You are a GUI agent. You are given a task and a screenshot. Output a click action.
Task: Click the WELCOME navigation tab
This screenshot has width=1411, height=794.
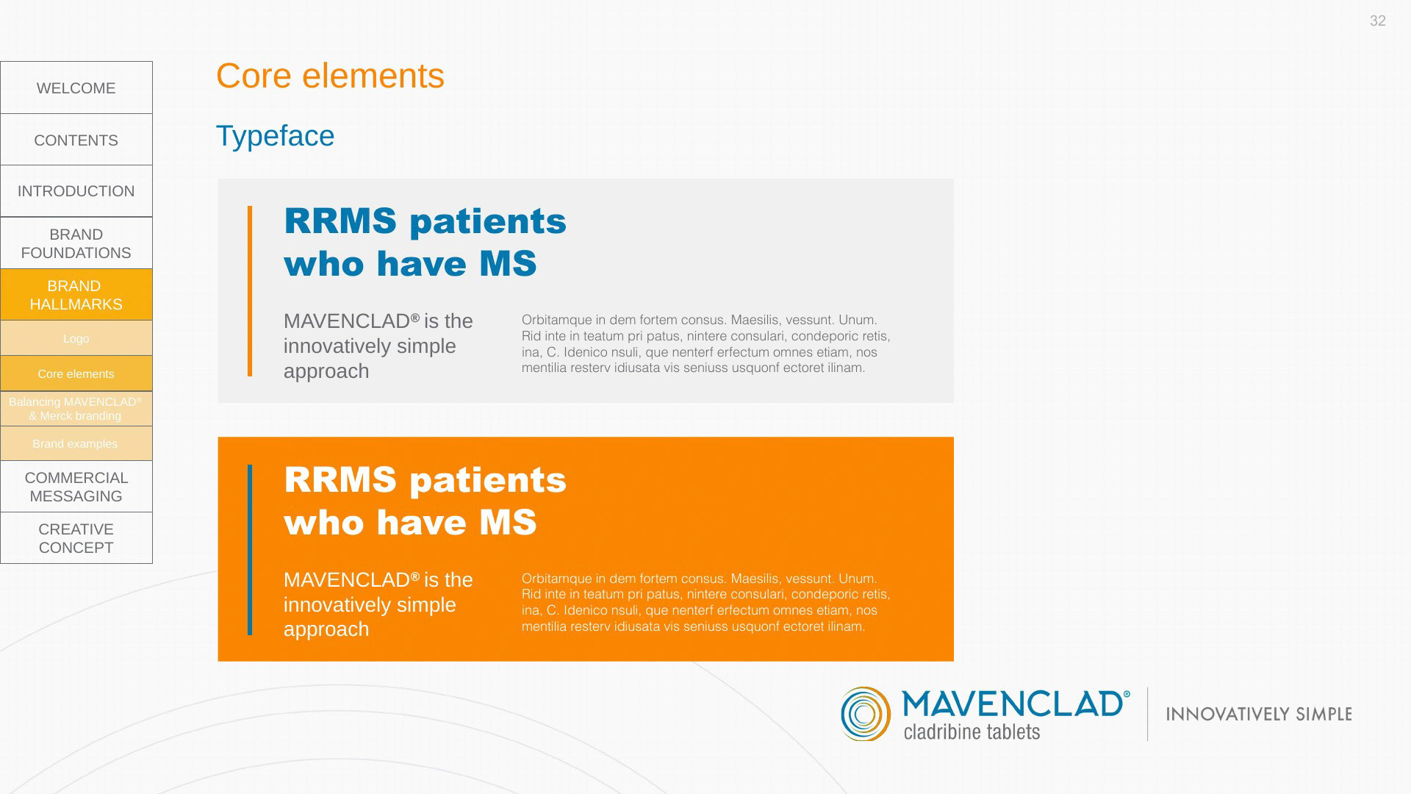pyautogui.click(x=76, y=87)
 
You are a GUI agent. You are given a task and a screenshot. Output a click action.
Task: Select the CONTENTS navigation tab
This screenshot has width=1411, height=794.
pyautogui.click(x=76, y=140)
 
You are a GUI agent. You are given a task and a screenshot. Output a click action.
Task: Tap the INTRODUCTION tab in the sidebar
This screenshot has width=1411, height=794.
pyautogui.click(x=76, y=191)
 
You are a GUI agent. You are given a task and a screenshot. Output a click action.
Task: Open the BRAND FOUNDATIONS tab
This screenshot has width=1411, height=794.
pyautogui.click(x=76, y=243)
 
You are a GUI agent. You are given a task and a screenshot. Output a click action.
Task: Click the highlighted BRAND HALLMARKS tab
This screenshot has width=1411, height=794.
pyautogui.click(x=76, y=295)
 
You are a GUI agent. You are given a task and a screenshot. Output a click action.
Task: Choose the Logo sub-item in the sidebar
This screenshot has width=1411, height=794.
pyautogui.click(x=76, y=338)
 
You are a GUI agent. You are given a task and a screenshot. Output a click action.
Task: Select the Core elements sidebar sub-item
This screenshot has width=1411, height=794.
pyautogui.click(x=76, y=373)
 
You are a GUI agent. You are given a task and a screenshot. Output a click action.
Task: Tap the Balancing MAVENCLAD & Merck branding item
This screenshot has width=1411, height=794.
pyautogui.click(x=76, y=409)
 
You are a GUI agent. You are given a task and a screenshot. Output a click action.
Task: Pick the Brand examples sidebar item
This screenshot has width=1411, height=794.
pyautogui.click(x=76, y=443)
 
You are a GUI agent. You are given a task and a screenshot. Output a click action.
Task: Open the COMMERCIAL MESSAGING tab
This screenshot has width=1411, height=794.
pyautogui.click(x=76, y=487)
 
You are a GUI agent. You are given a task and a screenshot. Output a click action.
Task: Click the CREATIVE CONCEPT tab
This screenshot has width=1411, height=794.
pyautogui.click(x=76, y=538)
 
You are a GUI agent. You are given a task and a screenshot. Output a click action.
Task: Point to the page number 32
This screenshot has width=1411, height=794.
pyautogui.click(x=1378, y=21)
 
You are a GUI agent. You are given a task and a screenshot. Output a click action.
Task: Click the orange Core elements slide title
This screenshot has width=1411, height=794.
pyautogui.click(x=330, y=76)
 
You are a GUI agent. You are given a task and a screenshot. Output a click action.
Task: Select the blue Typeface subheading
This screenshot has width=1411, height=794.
pyautogui.click(x=275, y=136)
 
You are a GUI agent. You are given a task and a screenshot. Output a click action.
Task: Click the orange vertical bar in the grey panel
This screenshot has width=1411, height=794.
pyautogui.click(x=250, y=291)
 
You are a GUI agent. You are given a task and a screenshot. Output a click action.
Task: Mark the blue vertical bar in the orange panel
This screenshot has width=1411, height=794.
pyautogui.click(x=250, y=549)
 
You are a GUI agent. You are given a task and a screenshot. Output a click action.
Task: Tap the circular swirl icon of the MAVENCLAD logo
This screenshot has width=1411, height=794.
pyautogui.click(x=866, y=714)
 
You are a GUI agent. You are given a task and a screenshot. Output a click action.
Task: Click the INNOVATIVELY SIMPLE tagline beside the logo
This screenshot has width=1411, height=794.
pyautogui.click(x=1259, y=714)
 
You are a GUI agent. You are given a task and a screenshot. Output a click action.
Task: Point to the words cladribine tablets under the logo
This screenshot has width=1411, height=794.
pyautogui.click(x=972, y=732)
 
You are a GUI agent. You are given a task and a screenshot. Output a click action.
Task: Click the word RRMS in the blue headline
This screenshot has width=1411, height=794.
pyautogui.click(x=340, y=221)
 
